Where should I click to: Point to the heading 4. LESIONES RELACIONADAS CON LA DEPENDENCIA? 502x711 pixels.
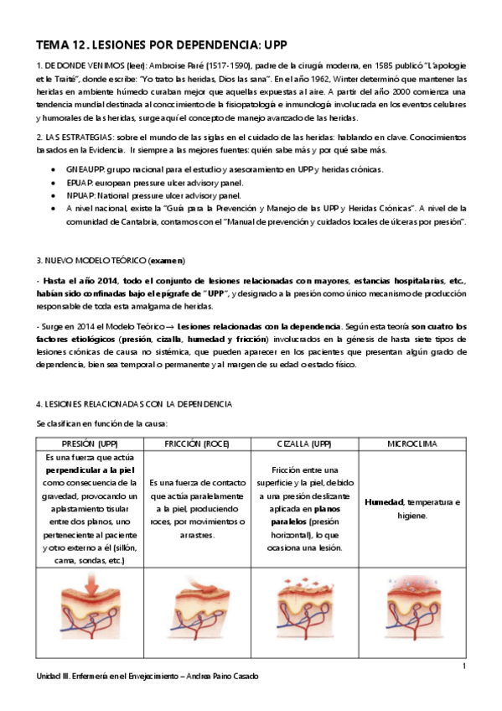(x=134, y=404)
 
